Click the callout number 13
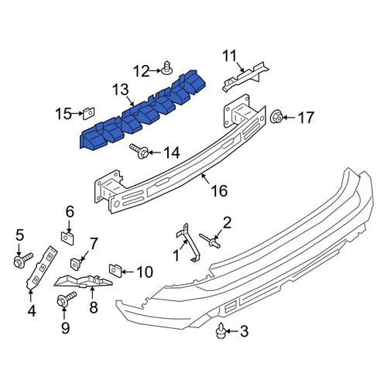click(121, 90)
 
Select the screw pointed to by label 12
click(167, 67)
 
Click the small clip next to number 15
click(88, 114)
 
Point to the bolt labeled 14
click(139, 152)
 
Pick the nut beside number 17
click(276, 117)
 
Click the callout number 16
click(219, 191)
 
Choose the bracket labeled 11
click(245, 76)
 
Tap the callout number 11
click(230, 56)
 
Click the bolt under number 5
click(22, 259)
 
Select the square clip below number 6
click(67, 238)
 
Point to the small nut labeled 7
click(75, 264)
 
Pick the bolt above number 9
click(66, 300)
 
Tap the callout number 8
click(94, 307)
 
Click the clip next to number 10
click(115, 270)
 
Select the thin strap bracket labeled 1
click(188, 243)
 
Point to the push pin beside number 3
click(221, 330)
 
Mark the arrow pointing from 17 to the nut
click(289, 118)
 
